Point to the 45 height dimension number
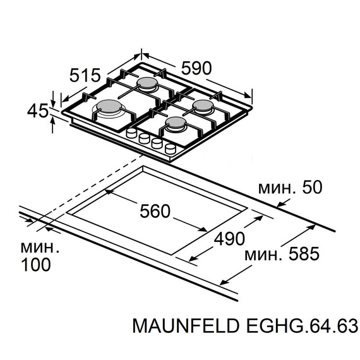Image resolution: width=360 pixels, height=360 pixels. [x=37, y=112]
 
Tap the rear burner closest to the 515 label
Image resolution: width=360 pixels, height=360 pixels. [x=147, y=84]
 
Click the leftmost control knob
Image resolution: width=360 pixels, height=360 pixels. [x=132, y=134]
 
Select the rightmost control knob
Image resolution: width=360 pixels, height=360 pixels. [x=170, y=148]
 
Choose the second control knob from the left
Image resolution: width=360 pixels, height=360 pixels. [x=144, y=138]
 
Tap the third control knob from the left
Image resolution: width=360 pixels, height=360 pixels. [x=157, y=143]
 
